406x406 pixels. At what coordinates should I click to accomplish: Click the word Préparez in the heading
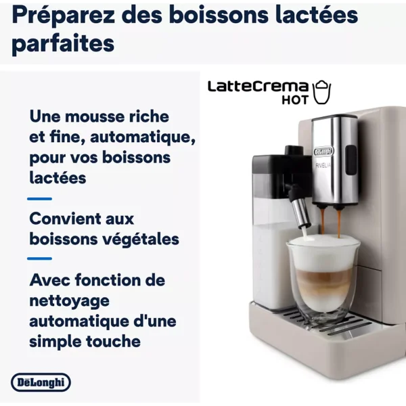tap(63, 16)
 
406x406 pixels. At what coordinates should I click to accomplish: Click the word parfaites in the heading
tap(63, 44)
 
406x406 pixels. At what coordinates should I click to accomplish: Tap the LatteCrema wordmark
tap(258, 87)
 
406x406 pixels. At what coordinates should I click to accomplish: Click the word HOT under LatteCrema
tap(295, 100)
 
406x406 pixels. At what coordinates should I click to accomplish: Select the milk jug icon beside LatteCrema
tap(322, 92)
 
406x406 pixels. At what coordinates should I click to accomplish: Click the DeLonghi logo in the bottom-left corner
tap(41, 382)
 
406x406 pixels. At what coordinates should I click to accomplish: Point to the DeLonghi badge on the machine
tap(323, 152)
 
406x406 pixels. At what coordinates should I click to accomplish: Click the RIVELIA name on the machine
tap(323, 165)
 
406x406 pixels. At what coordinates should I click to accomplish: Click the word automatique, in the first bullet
tap(143, 137)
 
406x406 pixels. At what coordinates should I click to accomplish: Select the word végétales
tap(141, 240)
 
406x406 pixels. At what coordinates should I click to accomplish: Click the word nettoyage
tap(70, 301)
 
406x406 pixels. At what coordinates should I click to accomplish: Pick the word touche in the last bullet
tap(113, 341)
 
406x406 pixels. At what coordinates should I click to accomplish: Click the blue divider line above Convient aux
tap(40, 199)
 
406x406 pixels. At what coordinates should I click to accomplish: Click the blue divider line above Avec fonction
tap(40, 258)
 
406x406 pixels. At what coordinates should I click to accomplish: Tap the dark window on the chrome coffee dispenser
tap(351, 160)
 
